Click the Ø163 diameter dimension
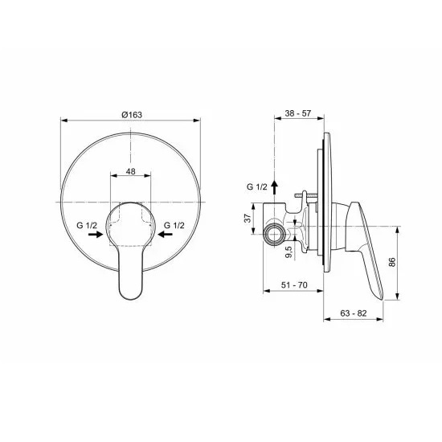pyautogui.click(x=132, y=117)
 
